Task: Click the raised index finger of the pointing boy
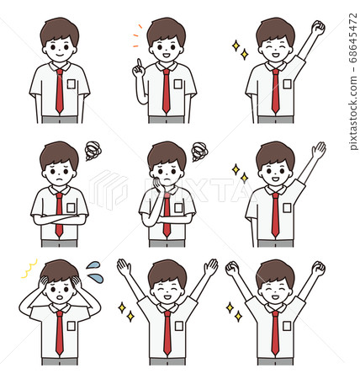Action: (x=136, y=64)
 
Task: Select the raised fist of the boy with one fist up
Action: (x=317, y=28)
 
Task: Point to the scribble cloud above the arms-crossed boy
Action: (x=93, y=152)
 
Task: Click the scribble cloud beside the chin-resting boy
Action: (x=199, y=152)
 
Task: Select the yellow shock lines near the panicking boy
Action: (x=29, y=269)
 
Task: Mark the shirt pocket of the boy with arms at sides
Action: (x=71, y=84)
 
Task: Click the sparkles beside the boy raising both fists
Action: (x=233, y=312)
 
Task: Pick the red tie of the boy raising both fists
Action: (x=274, y=333)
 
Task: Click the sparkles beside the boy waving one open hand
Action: (x=239, y=173)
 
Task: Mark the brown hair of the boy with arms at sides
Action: (x=59, y=28)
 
